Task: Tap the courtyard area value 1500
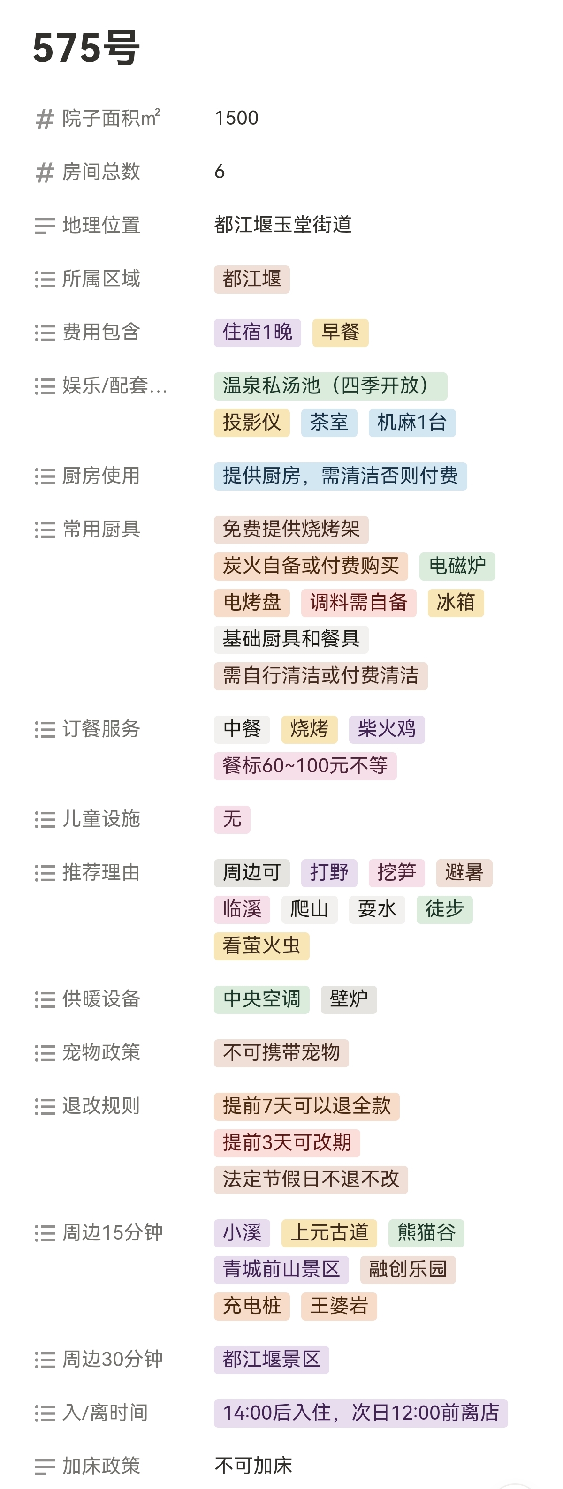(236, 118)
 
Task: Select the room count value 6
(220, 172)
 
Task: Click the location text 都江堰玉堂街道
(282, 224)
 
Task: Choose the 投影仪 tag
(251, 423)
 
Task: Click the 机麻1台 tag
(411, 423)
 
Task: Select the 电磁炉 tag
(456, 566)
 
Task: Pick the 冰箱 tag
(456, 602)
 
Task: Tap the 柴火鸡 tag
(386, 729)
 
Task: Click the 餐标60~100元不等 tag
(304, 766)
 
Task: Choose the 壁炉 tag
(348, 999)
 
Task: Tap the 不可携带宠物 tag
(281, 1052)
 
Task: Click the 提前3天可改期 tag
(287, 1143)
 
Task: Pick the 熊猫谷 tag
(426, 1232)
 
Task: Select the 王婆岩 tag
(339, 1306)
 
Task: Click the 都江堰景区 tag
(271, 1359)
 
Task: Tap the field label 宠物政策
(101, 1052)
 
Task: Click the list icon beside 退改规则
(45, 1106)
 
